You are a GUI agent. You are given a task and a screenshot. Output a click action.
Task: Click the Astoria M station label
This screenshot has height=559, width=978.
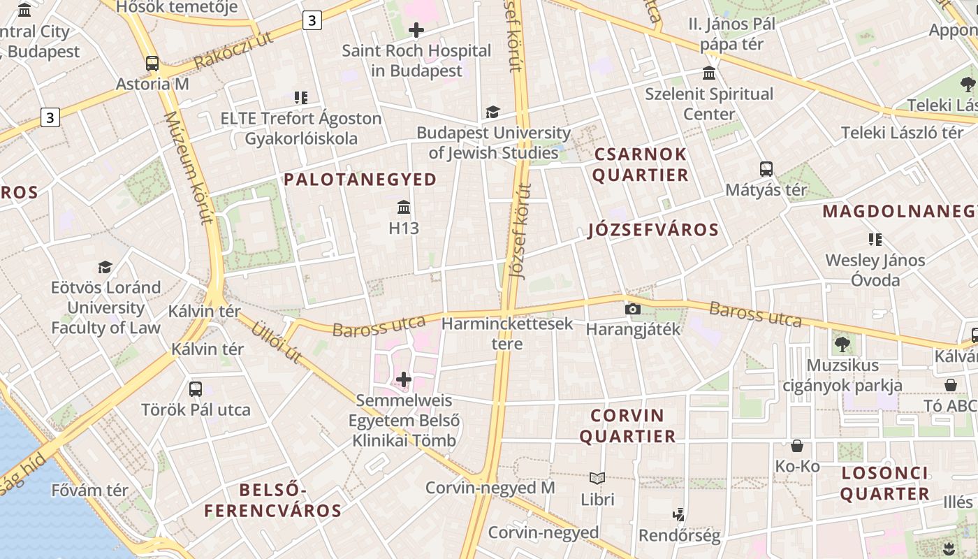coord(152,85)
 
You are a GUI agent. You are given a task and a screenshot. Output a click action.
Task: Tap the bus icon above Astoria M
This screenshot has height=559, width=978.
coord(152,64)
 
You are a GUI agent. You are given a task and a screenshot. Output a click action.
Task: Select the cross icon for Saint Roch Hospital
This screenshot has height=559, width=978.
coord(416,30)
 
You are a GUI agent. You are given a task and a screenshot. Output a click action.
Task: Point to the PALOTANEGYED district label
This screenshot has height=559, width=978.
coord(360,180)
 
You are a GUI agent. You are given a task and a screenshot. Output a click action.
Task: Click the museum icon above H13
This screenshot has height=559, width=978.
coord(404,207)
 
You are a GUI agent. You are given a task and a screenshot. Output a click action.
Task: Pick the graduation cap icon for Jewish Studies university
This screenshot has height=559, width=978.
coord(493,112)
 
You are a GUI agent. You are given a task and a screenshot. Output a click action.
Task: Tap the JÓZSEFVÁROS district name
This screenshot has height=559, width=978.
coord(653,230)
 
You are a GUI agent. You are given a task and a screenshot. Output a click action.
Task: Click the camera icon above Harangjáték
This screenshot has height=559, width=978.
coord(633,309)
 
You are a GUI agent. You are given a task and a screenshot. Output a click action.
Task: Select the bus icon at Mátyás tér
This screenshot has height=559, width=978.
coord(766,169)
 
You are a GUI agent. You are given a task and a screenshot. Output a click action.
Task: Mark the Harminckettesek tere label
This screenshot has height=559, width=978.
coord(507,333)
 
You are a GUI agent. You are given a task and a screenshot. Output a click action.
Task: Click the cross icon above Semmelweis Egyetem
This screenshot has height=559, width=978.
coord(404,379)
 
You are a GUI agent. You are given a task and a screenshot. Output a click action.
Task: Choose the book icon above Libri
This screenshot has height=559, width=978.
coord(597,479)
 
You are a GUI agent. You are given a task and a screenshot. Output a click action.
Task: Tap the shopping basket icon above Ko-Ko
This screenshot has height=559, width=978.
coord(797,446)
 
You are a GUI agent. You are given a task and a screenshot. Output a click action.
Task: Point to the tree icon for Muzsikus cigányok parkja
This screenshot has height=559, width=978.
coord(842,344)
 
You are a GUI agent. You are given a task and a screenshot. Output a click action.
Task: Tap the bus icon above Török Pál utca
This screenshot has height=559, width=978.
coord(196,389)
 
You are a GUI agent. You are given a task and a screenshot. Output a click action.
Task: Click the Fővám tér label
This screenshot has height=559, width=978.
coord(90,491)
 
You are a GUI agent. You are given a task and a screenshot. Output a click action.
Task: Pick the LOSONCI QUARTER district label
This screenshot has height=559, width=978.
coord(884,484)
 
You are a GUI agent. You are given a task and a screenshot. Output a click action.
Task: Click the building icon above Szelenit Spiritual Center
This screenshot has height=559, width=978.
coord(709,73)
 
